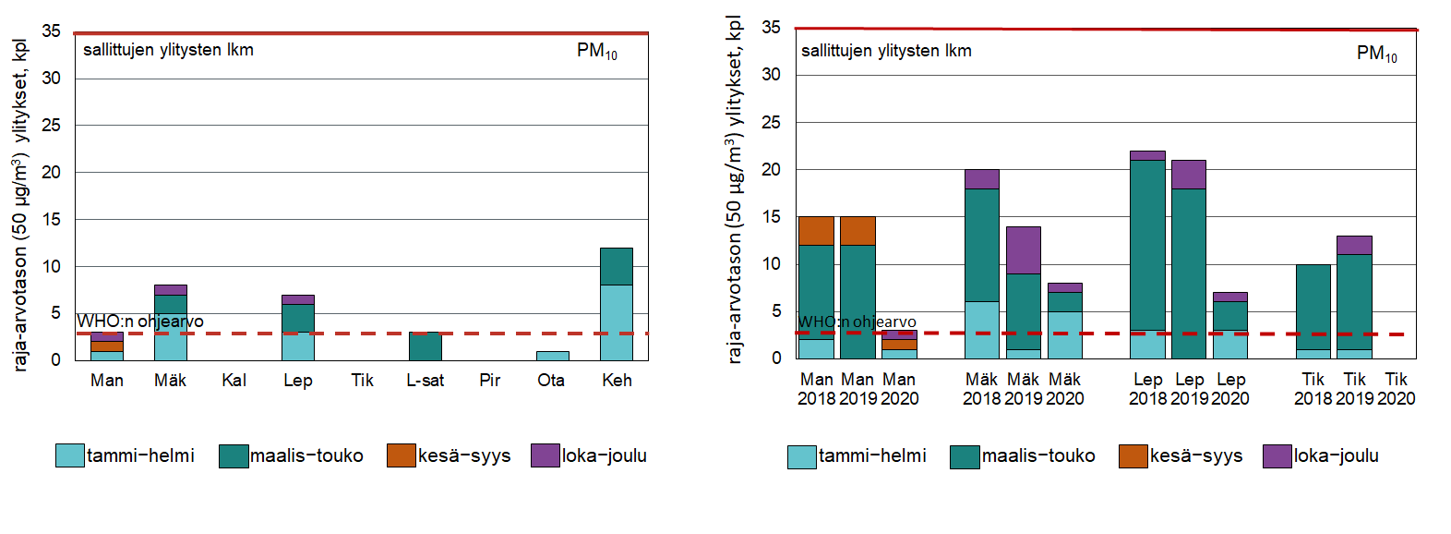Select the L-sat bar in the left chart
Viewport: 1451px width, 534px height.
[x=425, y=346]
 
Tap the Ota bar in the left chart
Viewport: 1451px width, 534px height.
[x=552, y=356]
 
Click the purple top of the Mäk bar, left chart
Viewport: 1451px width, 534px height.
[x=170, y=290]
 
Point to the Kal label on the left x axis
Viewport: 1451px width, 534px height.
[x=234, y=381]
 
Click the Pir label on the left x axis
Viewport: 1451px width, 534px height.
[x=489, y=381]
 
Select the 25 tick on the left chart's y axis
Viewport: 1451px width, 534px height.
[x=52, y=125]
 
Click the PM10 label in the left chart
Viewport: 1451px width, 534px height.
[x=596, y=51]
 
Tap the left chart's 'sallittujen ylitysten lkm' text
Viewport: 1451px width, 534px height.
[x=168, y=50]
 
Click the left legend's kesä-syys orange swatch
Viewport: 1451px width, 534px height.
[x=401, y=455]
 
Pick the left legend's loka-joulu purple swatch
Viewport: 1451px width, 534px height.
[x=545, y=455]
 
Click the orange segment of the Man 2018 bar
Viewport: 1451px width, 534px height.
[x=816, y=231]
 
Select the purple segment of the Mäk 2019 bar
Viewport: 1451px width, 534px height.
[x=1023, y=249]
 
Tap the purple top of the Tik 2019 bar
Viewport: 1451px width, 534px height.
[x=1354, y=245]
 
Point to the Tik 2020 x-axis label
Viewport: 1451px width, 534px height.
[x=1396, y=389]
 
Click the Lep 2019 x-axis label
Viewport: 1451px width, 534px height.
[x=1189, y=389]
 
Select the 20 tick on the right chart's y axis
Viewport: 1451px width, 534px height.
[x=771, y=169]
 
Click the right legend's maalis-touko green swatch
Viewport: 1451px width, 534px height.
[x=964, y=456]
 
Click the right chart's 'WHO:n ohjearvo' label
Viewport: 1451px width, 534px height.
[x=857, y=322]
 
